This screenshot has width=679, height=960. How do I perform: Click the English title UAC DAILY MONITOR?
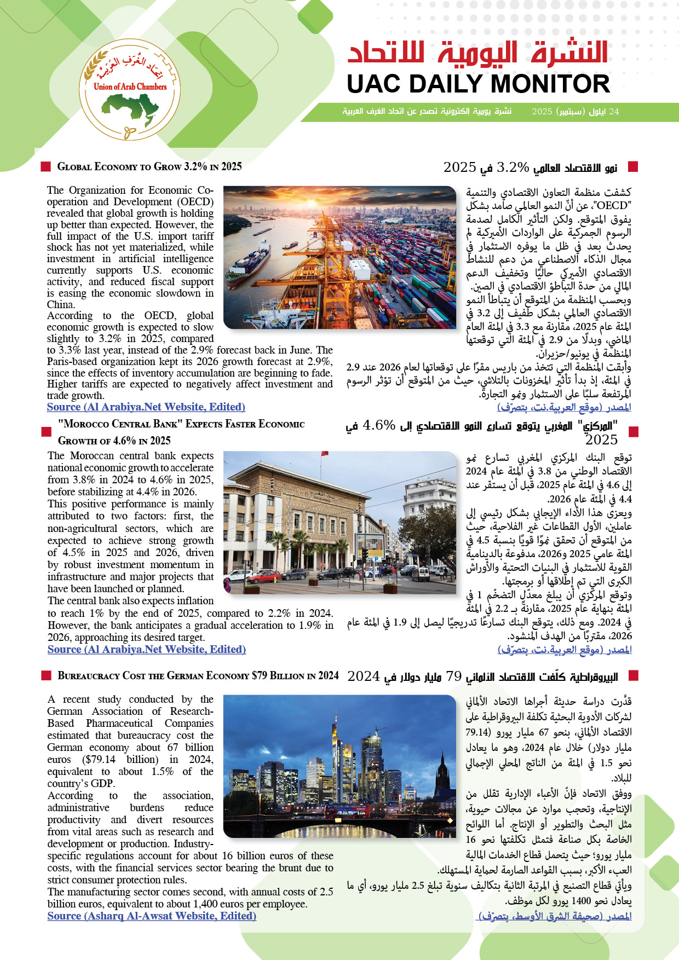[x=478, y=84]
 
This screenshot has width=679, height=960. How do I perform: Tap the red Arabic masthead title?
[x=478, y=53]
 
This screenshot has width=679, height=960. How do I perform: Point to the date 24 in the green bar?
[x=614, y=111]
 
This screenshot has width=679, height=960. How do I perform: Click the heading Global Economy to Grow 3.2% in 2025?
[x=149, y=166]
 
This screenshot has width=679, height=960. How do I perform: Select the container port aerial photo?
[x=339, y=257]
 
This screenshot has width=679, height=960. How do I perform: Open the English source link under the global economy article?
[x=146, y=407]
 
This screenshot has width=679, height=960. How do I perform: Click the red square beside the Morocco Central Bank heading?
[x=46, y=432]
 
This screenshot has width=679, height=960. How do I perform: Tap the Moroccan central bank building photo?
[x=339, y=522]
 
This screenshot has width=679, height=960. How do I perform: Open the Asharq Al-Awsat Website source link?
[x=152, y=916]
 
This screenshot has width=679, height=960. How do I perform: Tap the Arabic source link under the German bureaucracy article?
[x=555, y=916]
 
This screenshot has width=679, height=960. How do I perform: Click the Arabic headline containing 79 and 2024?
[x=482, y=677]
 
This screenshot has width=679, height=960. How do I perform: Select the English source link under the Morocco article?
[x=146, y=649]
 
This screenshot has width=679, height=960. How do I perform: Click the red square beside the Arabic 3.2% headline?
[x=633, y=166]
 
